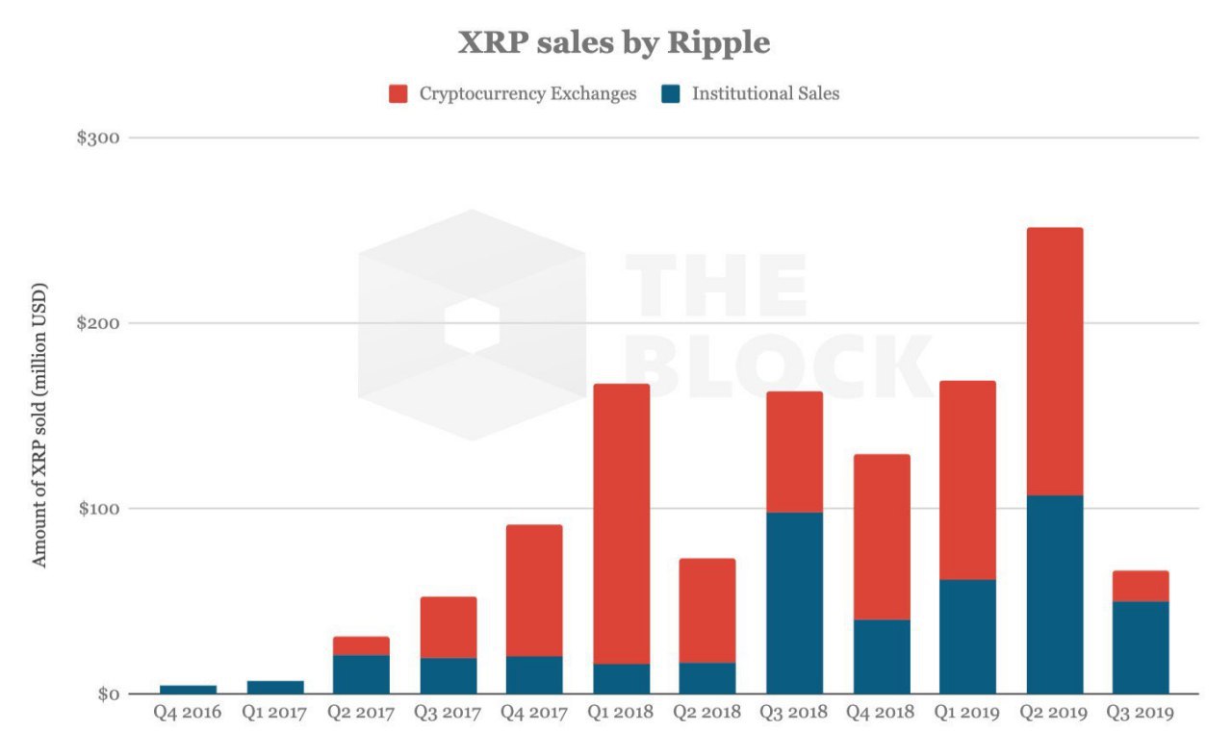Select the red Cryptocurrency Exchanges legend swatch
[399, 93]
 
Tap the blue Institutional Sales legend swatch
[672, 93]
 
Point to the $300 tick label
[97, 138]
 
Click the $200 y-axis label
[97, 323]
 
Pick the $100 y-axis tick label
[97, 508]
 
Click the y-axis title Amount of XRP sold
[39, 424]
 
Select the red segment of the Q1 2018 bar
[621, 524]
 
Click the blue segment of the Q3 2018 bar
[794, 603]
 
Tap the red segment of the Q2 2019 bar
[1054, 362]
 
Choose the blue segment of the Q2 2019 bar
[1054, 594]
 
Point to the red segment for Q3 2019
[1141, 586]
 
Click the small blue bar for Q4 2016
[188, 689]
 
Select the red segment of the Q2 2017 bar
[361, 645]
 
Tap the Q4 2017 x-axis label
[534, 714]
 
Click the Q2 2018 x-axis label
[707, 714]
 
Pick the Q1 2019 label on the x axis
[967, 714]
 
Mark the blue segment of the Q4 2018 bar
[881, 656]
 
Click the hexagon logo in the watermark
[472, 325]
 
